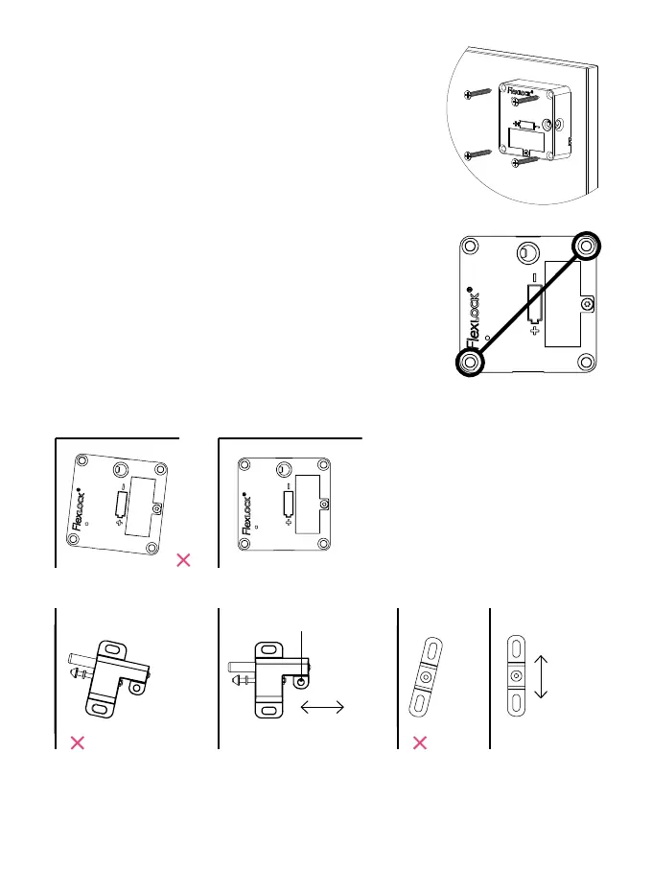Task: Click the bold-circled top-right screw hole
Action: (x=586, y=247)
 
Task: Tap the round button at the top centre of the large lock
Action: (x=527, y=253)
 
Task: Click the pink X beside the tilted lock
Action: (x=184, y=560)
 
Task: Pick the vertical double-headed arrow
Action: (x=541, y=677)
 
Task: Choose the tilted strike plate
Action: (x=427, y=676)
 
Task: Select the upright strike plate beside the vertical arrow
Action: (x=516, y=676)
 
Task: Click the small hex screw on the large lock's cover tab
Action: (x=588, y=304)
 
